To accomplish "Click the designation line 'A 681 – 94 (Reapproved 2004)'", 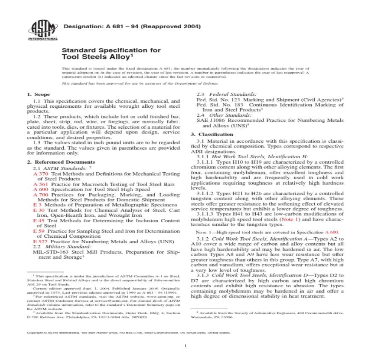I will coord(132,27).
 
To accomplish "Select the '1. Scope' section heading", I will coord(38,94).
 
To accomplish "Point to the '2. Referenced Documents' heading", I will coord(61,162).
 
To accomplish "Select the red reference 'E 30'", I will coord(38,210).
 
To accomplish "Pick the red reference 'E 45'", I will coord(38,220).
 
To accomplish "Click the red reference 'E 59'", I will coord(38,231).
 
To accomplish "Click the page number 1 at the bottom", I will coord(186,345).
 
